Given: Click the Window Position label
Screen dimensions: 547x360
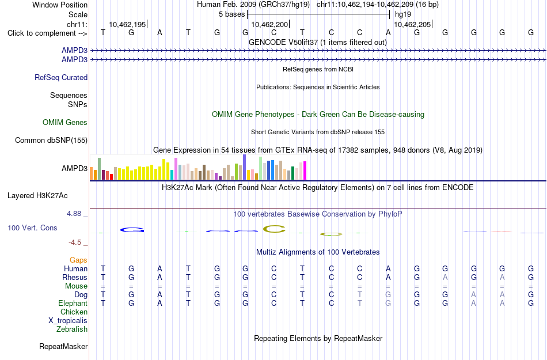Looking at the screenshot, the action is coord(60,5).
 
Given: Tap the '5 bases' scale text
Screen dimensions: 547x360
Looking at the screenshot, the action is coord(231,14).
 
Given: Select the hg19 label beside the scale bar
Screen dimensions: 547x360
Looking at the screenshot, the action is coord(403,14).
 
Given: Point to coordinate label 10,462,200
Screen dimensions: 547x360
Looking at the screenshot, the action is coord(269,24).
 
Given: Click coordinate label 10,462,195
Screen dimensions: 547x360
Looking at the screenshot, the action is coord(127,24).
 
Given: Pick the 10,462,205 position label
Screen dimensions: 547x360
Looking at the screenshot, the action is coord(412,24).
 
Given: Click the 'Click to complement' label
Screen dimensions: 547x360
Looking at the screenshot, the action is coord(47,33).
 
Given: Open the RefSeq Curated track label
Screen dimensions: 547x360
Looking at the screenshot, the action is coord(61,77).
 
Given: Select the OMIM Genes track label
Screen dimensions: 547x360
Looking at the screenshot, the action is coord(65,123).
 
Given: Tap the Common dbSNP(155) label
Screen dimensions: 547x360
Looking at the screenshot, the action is coord(51,140).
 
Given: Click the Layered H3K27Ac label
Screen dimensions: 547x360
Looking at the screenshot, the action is coord(37,196).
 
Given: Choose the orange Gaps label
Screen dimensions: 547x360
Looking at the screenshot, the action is coord(78,260).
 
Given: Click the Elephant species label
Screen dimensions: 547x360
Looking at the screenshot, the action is coord(73,303).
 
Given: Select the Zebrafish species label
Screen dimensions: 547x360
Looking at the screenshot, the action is coord(72,329).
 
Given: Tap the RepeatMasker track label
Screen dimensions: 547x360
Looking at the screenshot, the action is coord(63,346).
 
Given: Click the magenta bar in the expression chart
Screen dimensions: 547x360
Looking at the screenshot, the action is coord(305,170).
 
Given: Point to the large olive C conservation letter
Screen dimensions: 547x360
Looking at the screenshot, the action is coord(274,229).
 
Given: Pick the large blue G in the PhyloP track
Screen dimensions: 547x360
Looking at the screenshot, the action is coord(132,230).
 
